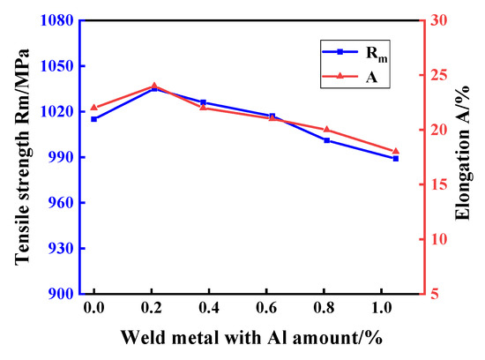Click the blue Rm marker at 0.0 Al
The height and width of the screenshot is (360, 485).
click(x=93, y=119)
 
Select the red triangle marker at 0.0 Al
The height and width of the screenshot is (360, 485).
click(x=93, y=107)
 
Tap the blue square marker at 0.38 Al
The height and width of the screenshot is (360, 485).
click(x=203, y=102)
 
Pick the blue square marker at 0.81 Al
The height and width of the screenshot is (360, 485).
click(x=327, y=140)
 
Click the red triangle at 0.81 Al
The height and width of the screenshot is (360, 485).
click(x=327, y=130)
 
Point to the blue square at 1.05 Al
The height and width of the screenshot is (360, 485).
click(x=396, y=158)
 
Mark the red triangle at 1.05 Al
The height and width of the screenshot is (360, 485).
click(x=396, y=151)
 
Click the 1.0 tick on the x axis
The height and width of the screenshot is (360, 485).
click(x=384, y=311)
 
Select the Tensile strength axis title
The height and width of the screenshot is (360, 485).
click(x=21, y=154)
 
